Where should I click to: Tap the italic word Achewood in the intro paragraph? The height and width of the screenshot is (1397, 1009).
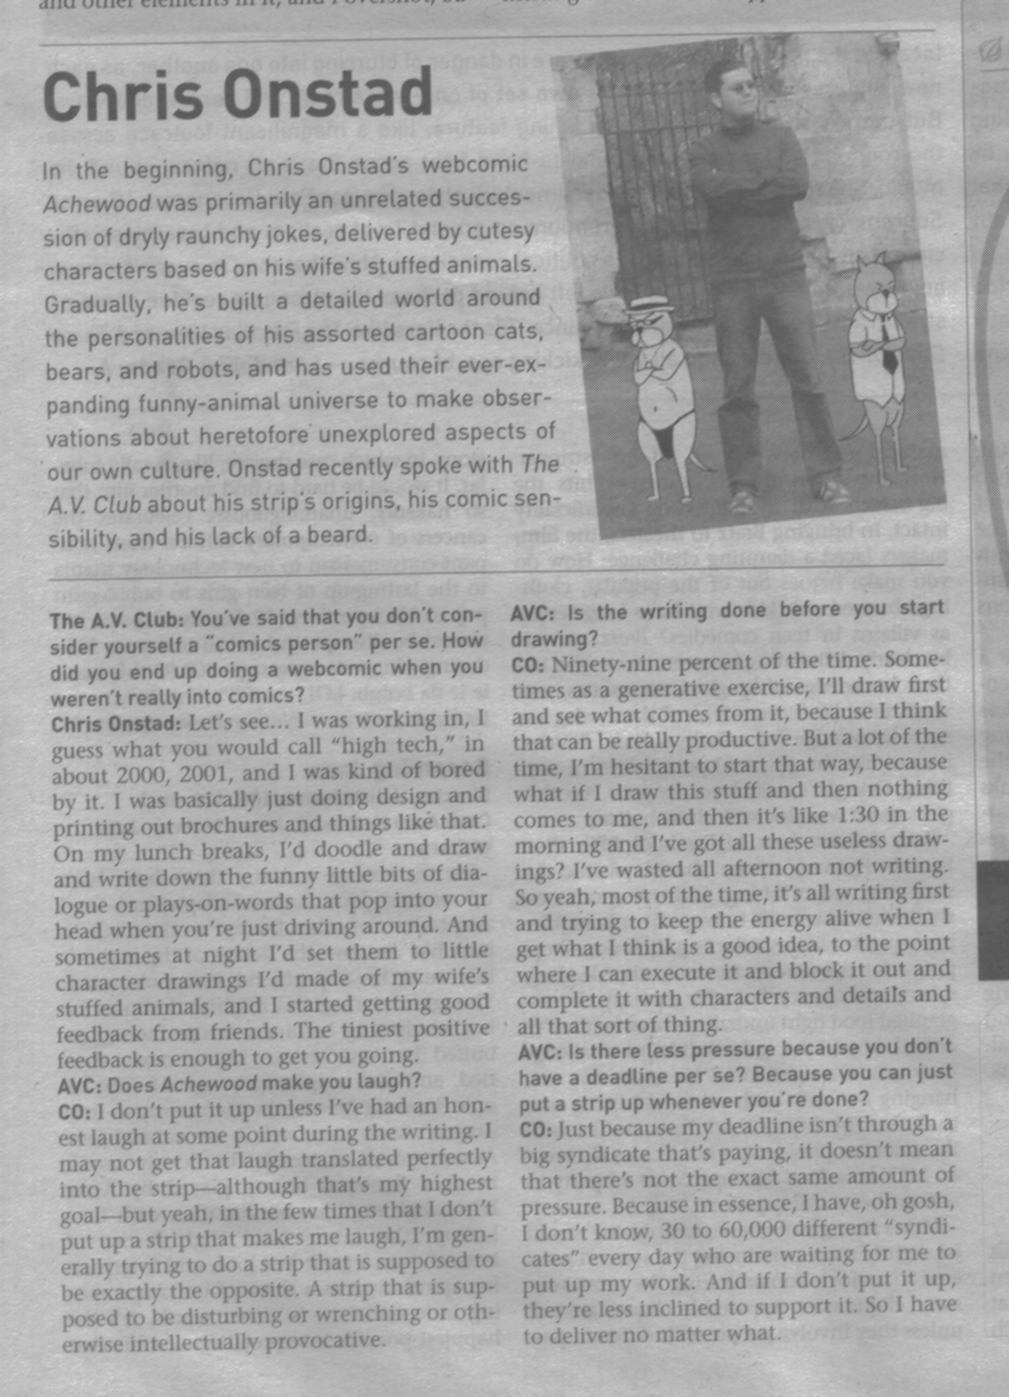click(97, 203)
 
